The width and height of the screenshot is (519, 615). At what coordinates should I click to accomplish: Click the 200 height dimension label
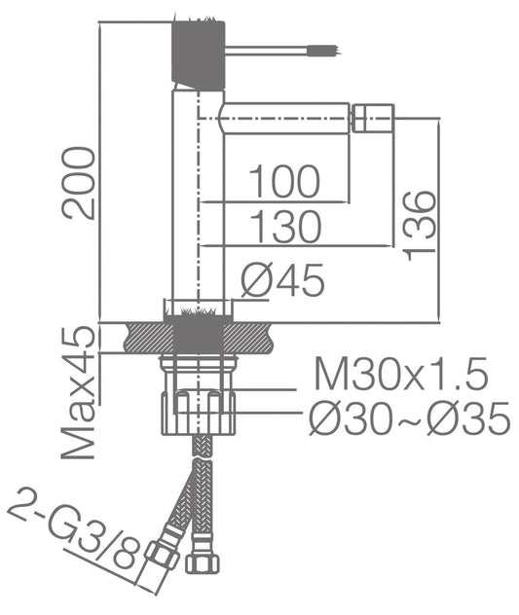[x=79, y=183]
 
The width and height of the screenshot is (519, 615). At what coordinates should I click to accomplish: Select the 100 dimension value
[x=284, y=181]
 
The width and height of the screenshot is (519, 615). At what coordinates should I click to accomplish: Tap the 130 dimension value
[x=285, y=227]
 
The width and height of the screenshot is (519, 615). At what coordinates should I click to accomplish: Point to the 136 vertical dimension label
[x=420, y=226]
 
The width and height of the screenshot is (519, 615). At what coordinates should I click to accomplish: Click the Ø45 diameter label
[x=282, y=280]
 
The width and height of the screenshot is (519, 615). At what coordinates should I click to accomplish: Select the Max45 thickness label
[x=79, y=392]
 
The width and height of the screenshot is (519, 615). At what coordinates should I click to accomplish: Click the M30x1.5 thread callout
[x=401, y=373]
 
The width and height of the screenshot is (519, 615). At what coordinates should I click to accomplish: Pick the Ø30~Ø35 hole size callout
[x=410, y=418]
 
